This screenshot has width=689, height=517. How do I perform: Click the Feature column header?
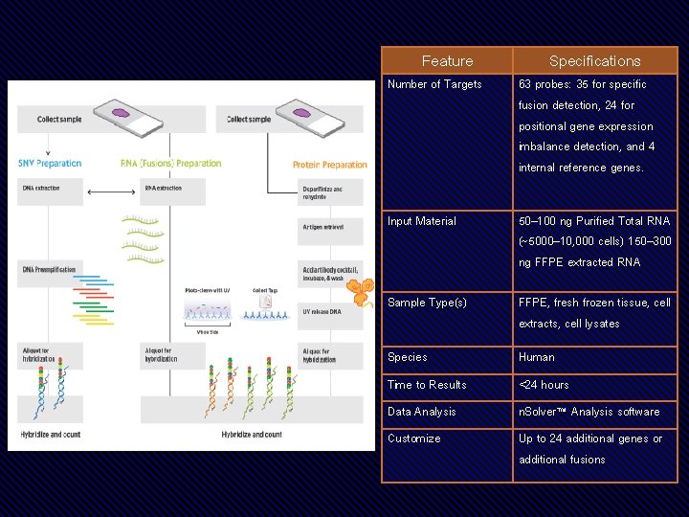coord(447,61)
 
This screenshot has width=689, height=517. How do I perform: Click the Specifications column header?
coord(594,61)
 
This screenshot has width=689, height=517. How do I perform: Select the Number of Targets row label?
coord(434,84)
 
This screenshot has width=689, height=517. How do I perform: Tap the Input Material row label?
coord(421,221)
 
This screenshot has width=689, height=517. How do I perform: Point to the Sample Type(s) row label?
coord(427,303)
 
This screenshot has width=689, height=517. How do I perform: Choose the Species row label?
coord(408,357)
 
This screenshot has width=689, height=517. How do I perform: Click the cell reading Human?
coord(536,357)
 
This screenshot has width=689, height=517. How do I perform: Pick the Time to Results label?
coord(427,385)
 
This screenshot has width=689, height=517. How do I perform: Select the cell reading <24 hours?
coord(544,385)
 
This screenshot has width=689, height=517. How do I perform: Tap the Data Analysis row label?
coord(422,412)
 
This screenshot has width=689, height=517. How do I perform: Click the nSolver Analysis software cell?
coord(589,412)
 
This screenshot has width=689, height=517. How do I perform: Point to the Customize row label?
coord(414,438)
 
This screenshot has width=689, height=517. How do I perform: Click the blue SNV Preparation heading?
coord(50,164)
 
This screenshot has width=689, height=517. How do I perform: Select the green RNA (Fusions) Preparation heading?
coord(171,164)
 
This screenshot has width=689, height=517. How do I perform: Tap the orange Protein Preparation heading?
coord(329,165)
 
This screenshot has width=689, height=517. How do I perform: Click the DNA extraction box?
coord(42,189)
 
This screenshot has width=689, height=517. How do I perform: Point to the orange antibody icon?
coord(362,291)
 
